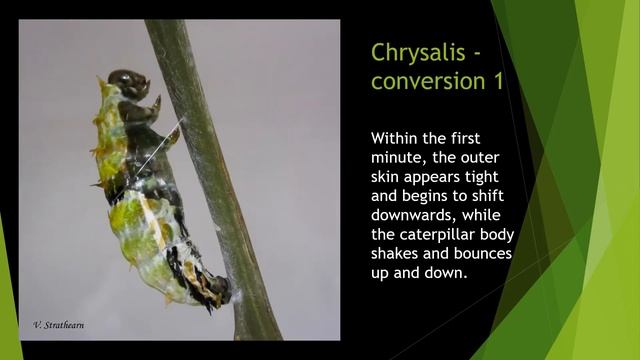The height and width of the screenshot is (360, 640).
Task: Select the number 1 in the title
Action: (x=494, y=81)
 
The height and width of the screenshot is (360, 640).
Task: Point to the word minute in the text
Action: (x=399, y=158)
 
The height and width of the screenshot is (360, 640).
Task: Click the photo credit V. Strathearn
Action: (x=61, y=326)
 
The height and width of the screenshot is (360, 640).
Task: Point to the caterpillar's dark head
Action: (x=129, y=81)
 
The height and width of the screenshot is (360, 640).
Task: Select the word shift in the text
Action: (x=487, y=197)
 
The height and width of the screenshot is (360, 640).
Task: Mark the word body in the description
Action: (x=496, y=235)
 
